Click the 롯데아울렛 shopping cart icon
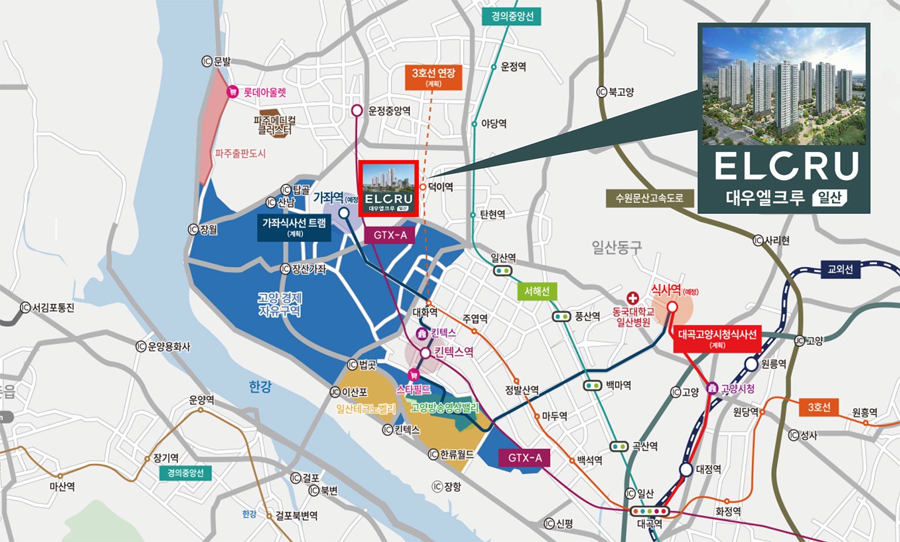pyautogui.click(x=233, y=92)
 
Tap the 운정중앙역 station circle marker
pyautogui.click(x=357, y=111)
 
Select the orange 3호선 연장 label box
pyautogui.click(x=433, y=77)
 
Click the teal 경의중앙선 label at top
pyautogui.click(x=511, y=16)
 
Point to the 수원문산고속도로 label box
pyautogui.click(x=649, y=198)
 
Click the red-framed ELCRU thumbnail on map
pyautogui.click(x=388, y=189)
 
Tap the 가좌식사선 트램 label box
pyautogui.click(x=294, y=227)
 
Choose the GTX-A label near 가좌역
pyautogui.click(x=390, y=235)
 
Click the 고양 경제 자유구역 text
pyautogui.click(x=279, y=304)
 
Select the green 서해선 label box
pyautogui.click(x=537, y=291)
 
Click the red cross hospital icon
pyautogui.click(x=632, y=298)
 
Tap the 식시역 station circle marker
pyautogui.click(x=672, y=307)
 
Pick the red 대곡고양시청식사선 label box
pyautogui.click(x=717, y=338)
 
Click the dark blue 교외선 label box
pyautogui.click(x=840, y=269)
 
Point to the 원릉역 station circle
pyautogui.click(x=751, y=364)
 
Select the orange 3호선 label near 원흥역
pyautogui.click(x=819, y=408)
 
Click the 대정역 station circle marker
pyautogui.click(x=686, y=469)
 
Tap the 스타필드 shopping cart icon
pyautogui.click(x=412, y=375)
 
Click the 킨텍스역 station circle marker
pyautogui.click(x=425, y=353)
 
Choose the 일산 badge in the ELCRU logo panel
pyautogui.click(x=829, y=198)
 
